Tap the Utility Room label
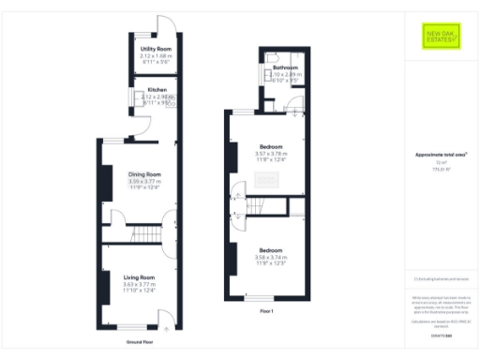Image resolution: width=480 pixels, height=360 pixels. click(156, 49)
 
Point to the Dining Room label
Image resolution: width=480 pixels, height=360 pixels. click(145, 173)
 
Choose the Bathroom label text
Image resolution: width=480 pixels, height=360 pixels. click(286, 68)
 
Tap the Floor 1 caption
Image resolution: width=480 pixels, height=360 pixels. click(266, 309)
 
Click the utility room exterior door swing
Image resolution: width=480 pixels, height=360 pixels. click(165, 24)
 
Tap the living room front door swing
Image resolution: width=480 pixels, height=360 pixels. click(165, 322)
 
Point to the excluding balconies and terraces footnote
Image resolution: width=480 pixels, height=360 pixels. click(441, 278)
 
